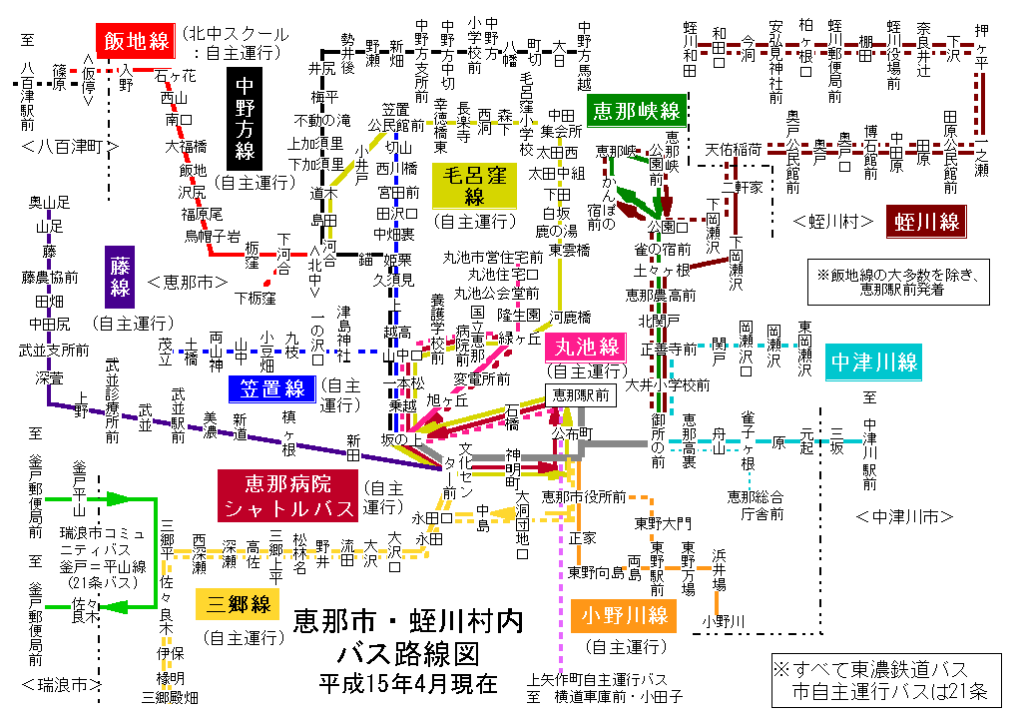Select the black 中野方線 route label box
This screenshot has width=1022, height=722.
click(x=245, y=119)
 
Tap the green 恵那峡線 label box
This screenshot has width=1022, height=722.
click(x=636, y=109)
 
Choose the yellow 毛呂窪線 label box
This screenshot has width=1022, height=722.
click(x=474, y=185)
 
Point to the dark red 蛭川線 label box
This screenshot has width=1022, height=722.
click(x=927, y=221)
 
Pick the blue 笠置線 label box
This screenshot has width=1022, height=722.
click(x=272, y=386)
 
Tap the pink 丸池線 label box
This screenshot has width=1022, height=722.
click(x=583, y=349)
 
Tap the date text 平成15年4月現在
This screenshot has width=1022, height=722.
click(x=407, y=684)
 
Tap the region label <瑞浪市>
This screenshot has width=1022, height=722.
click(x=61, y=684)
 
